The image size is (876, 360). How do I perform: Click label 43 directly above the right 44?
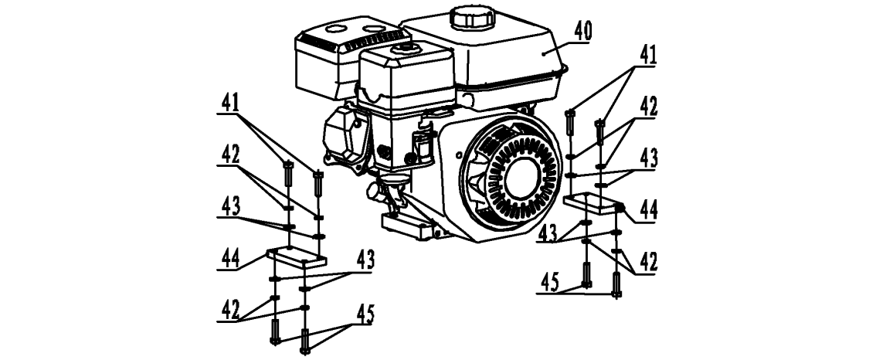tap(647, 158)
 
